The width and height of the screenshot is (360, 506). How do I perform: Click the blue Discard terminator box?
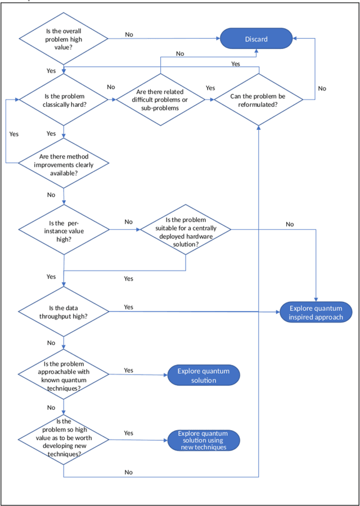tap(256, 39)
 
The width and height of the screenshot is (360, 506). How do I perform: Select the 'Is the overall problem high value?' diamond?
tap(64, 39)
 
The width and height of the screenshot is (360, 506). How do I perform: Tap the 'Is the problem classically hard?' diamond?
tap(64, 100)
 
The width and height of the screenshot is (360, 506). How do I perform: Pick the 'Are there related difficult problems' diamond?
tap(160, 100)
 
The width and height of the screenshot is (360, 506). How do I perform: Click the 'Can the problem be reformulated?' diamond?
tap(258, 100)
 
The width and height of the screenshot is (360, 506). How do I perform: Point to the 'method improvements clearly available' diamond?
tap(64, 164)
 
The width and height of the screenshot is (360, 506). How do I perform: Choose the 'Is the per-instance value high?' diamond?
tap(64, 228)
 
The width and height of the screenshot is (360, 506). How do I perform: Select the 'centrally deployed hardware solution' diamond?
tap(186, 228)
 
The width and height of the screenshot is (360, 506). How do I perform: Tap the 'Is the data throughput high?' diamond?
tap(64, 311)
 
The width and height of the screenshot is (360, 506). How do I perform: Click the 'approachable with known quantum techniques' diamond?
tap(64, 376)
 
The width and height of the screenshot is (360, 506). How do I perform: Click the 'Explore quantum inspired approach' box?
tap(316, 313)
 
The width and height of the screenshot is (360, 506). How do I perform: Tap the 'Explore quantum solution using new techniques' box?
tap(203, 440)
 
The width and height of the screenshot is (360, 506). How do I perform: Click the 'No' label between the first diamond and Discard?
tap(129, 34)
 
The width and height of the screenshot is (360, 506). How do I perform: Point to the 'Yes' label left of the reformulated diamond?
tap(210, 88)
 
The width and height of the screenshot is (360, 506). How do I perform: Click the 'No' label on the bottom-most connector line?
tap(129, 472)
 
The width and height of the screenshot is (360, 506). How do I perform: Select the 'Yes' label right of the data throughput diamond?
tap(128, 307)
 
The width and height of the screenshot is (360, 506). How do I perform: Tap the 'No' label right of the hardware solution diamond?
tap(290, 224)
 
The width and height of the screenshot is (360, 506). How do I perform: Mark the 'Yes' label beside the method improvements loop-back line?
tap(14, 134)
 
